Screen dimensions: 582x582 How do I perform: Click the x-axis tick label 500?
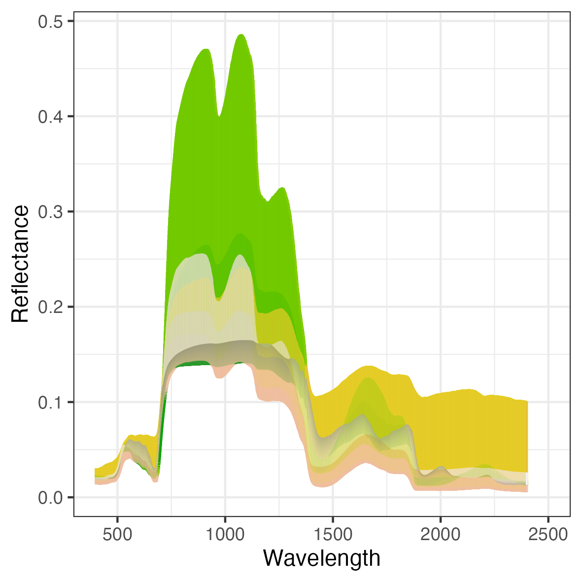click(117, 534)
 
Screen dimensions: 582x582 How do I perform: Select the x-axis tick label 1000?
click(225, 534)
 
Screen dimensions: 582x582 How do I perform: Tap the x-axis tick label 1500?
click(333, 534)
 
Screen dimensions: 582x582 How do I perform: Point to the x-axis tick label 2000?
click(440, 534)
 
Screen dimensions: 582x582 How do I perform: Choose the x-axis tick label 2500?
click(548, 534)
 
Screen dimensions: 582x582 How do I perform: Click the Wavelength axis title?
click(322, 558)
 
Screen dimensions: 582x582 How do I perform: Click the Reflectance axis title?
click(21, 264)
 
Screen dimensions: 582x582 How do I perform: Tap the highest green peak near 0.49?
click(240, 35)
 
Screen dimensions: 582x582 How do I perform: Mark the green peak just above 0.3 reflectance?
click(282, 189)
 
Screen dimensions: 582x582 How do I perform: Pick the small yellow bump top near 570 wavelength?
click(131, 436)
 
